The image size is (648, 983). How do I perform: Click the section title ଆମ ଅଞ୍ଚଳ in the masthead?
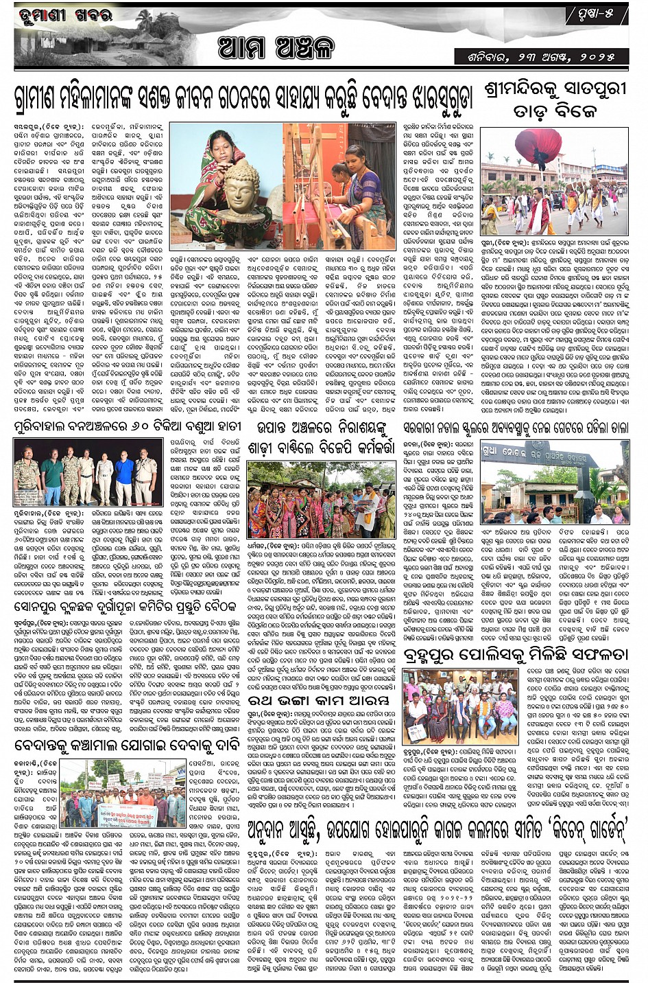coord(276,48)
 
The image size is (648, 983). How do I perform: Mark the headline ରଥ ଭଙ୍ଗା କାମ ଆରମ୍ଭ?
coord(320,700)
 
